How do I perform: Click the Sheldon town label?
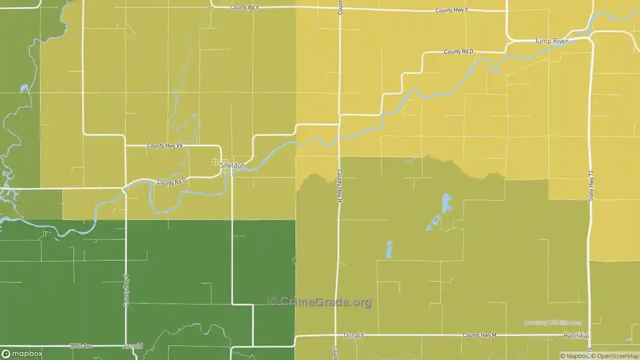(232, 165)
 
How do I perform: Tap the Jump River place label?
(550, 41)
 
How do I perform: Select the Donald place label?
(353, 335)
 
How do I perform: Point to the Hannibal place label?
(576, 335)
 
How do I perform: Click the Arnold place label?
(133, 346)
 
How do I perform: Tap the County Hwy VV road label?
(164, 146)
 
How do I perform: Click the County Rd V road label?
(244, 7)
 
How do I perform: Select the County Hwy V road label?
(451, 10)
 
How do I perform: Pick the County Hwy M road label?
(479, 335)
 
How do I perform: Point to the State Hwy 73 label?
(591, 185)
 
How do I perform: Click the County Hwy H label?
(339, 185)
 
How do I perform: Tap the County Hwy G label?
(126, 290)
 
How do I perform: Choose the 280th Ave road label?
(81, 346)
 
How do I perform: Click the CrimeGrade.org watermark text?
(320, 302)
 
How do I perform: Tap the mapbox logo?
(22, 353)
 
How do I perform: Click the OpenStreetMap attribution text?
(615, 356)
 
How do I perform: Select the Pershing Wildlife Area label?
(552, 322)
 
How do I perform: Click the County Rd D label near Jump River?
(458, 52)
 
